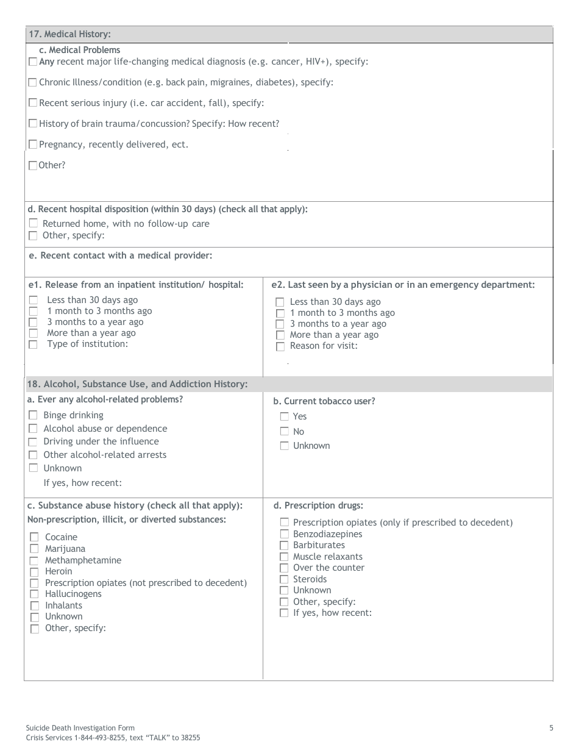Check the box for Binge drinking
(x=33, y=415)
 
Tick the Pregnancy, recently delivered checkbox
(x=33, y=145)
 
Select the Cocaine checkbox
(x=34, y=537)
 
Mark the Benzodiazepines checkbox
(x=284, y=534)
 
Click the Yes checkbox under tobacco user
(x=284, y=416)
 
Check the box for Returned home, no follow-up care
(x=34, y=224)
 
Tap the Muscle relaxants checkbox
(x=284, y=557)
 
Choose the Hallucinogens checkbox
(x=34, y=594)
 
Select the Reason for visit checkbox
(x=280, y=346)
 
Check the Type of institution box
(x=34, y=344)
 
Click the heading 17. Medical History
(x=69, y=34)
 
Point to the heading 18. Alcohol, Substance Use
(x=137, y=384)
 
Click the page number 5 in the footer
(x=551, y=727)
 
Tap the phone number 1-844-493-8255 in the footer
(x=102, y=737)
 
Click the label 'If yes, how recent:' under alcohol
(x=83, y=483)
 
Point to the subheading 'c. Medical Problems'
(x=79, y=50)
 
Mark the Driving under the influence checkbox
(x=33, y=441)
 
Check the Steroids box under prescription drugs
(x=284, y=579)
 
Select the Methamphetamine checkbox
(x=34, y=560)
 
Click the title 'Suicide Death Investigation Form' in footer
(x=80, y=727)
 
